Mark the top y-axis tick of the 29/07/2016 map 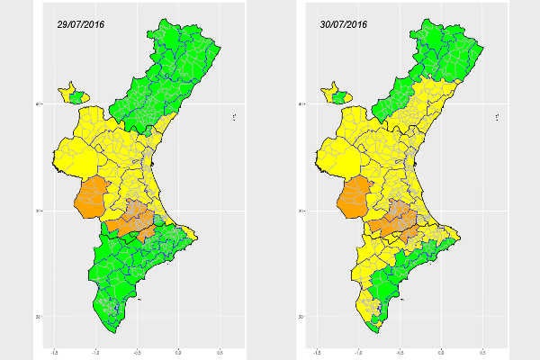37,104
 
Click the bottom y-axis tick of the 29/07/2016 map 37,317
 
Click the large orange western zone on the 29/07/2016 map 91,198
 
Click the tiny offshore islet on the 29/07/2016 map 234,115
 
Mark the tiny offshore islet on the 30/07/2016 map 497,115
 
